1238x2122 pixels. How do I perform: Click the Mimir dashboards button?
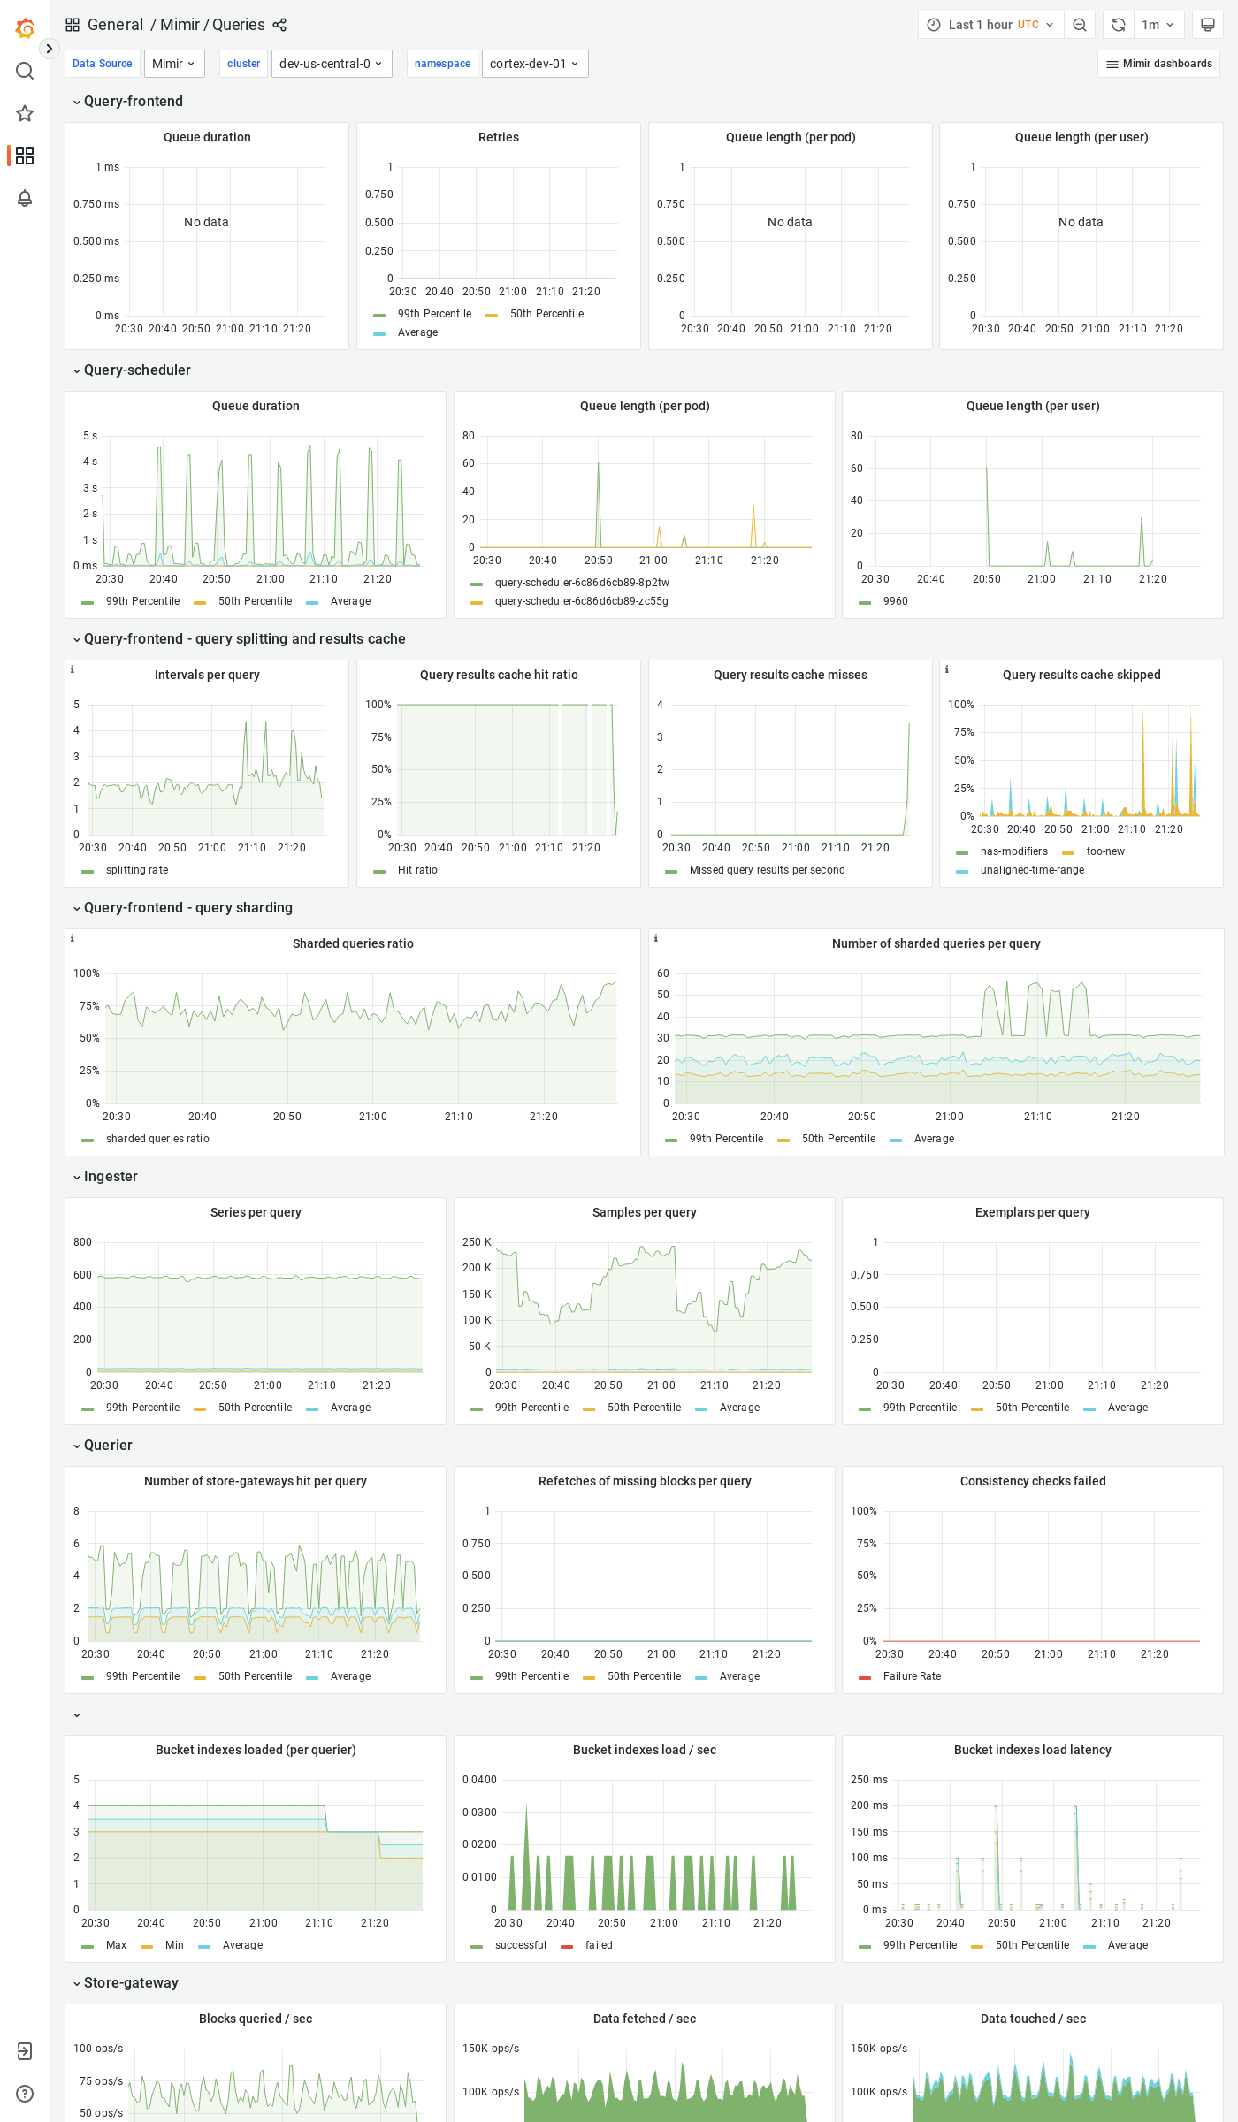pos(1158,64)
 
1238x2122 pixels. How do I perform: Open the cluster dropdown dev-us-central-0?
pos(332,64)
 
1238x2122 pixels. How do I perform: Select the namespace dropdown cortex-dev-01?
pos(534,64)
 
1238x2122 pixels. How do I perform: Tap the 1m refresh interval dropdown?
pos(1157,25)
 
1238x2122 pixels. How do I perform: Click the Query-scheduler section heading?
pos(137,370)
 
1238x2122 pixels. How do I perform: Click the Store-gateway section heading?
pos(131,1983)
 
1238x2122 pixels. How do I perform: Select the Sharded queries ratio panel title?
pos(353,943)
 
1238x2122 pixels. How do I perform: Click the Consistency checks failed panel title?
pos(1032,1481)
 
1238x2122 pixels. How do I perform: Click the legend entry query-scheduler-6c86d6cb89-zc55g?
pos(581,601)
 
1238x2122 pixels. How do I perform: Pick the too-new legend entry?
pos(1104,851)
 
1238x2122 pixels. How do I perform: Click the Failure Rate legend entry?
pos(912,1676)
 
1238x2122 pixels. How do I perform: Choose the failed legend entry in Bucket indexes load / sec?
pos(598,1945)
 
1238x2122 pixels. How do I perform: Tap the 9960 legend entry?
pos(895,601)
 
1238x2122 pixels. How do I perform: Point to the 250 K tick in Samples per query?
pos(477,1242)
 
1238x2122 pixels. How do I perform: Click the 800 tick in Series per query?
pos(82,1242)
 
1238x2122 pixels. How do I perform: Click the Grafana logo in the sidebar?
pos(25,28)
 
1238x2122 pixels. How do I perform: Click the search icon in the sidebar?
pos(25,71)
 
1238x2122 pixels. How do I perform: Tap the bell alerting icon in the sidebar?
pos(25,198)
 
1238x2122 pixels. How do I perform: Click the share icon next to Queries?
pos(279,25)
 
